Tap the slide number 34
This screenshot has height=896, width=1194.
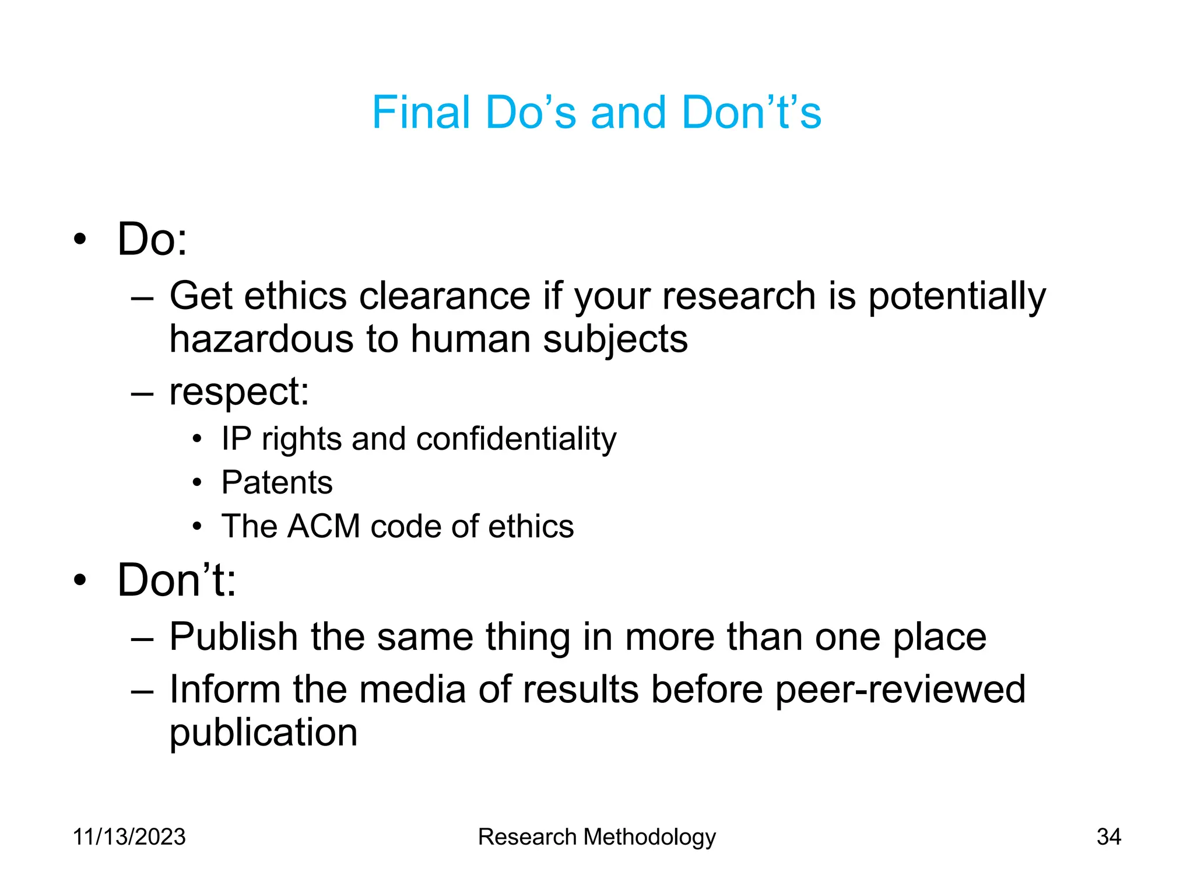pos(1108,837)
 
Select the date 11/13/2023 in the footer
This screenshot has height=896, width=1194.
pos(129,837)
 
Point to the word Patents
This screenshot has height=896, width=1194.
pos(277,482)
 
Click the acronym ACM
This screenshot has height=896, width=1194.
pos(324,526)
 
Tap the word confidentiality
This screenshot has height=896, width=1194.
pos(516,439)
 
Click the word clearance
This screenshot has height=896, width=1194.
pos(444,296)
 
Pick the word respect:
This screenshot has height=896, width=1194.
pos(239,391)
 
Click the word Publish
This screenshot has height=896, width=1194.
pos(234,636)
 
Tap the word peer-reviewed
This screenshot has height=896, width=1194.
pos(900,689)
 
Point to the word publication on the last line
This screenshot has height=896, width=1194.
pos(264,733)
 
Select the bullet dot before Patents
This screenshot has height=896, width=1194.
pos(198,483)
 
